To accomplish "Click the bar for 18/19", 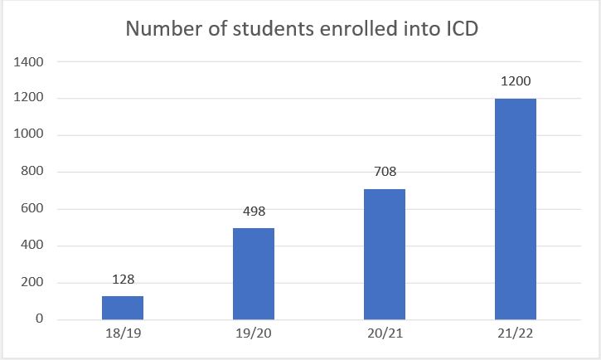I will pyautogui.click(x=123, y=308).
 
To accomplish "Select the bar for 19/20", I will pyautogui.click(x=254, y=274).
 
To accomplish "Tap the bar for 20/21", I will pyautogui.click(x=385, y=254).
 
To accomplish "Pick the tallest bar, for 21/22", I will pyautogui.click(x=516, y=209).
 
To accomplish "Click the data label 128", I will pyautogui.click(x=123, y=280).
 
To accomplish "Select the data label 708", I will pyautogui.click(x=385, y=173).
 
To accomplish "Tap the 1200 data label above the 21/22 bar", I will pyautogui.click(x=516, y=82).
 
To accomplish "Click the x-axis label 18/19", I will pyautogui.click(x=123, y=336).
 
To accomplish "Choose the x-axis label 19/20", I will pyautogui.click(x=254, y=336).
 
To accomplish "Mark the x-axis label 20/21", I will pyautogui.click(x=385, y=336).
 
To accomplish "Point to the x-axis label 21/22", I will pyautogui.click(x=516, y=336).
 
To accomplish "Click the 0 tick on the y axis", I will pyautogui.click(x=38, y=319).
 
